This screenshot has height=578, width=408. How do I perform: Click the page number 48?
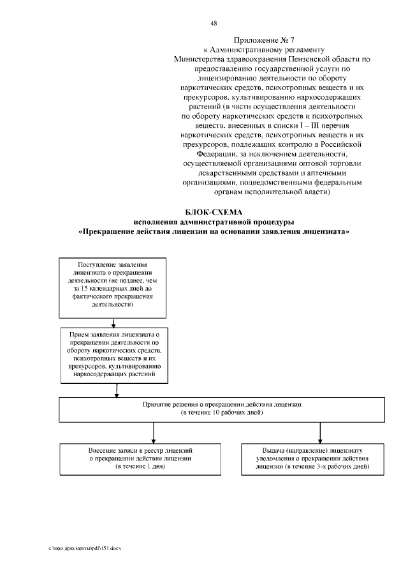click(214, 24)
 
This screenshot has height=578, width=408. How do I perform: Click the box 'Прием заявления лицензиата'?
click(115, 356)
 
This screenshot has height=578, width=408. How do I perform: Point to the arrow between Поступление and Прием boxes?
click(113, 323)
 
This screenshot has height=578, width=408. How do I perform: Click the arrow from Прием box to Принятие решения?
click(115, 392)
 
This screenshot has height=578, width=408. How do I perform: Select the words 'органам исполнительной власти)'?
click(272, 191)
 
